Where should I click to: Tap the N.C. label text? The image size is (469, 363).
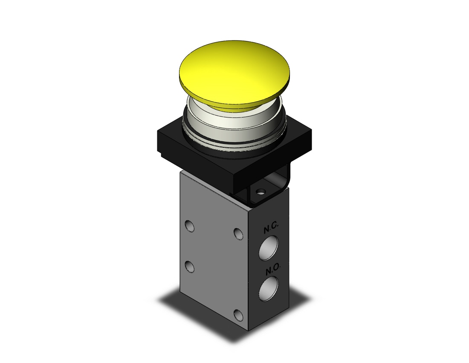tap(271, 227)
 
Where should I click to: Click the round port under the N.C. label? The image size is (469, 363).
tap(269, 248)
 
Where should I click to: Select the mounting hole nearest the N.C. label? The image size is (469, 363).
tap(238, 234)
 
